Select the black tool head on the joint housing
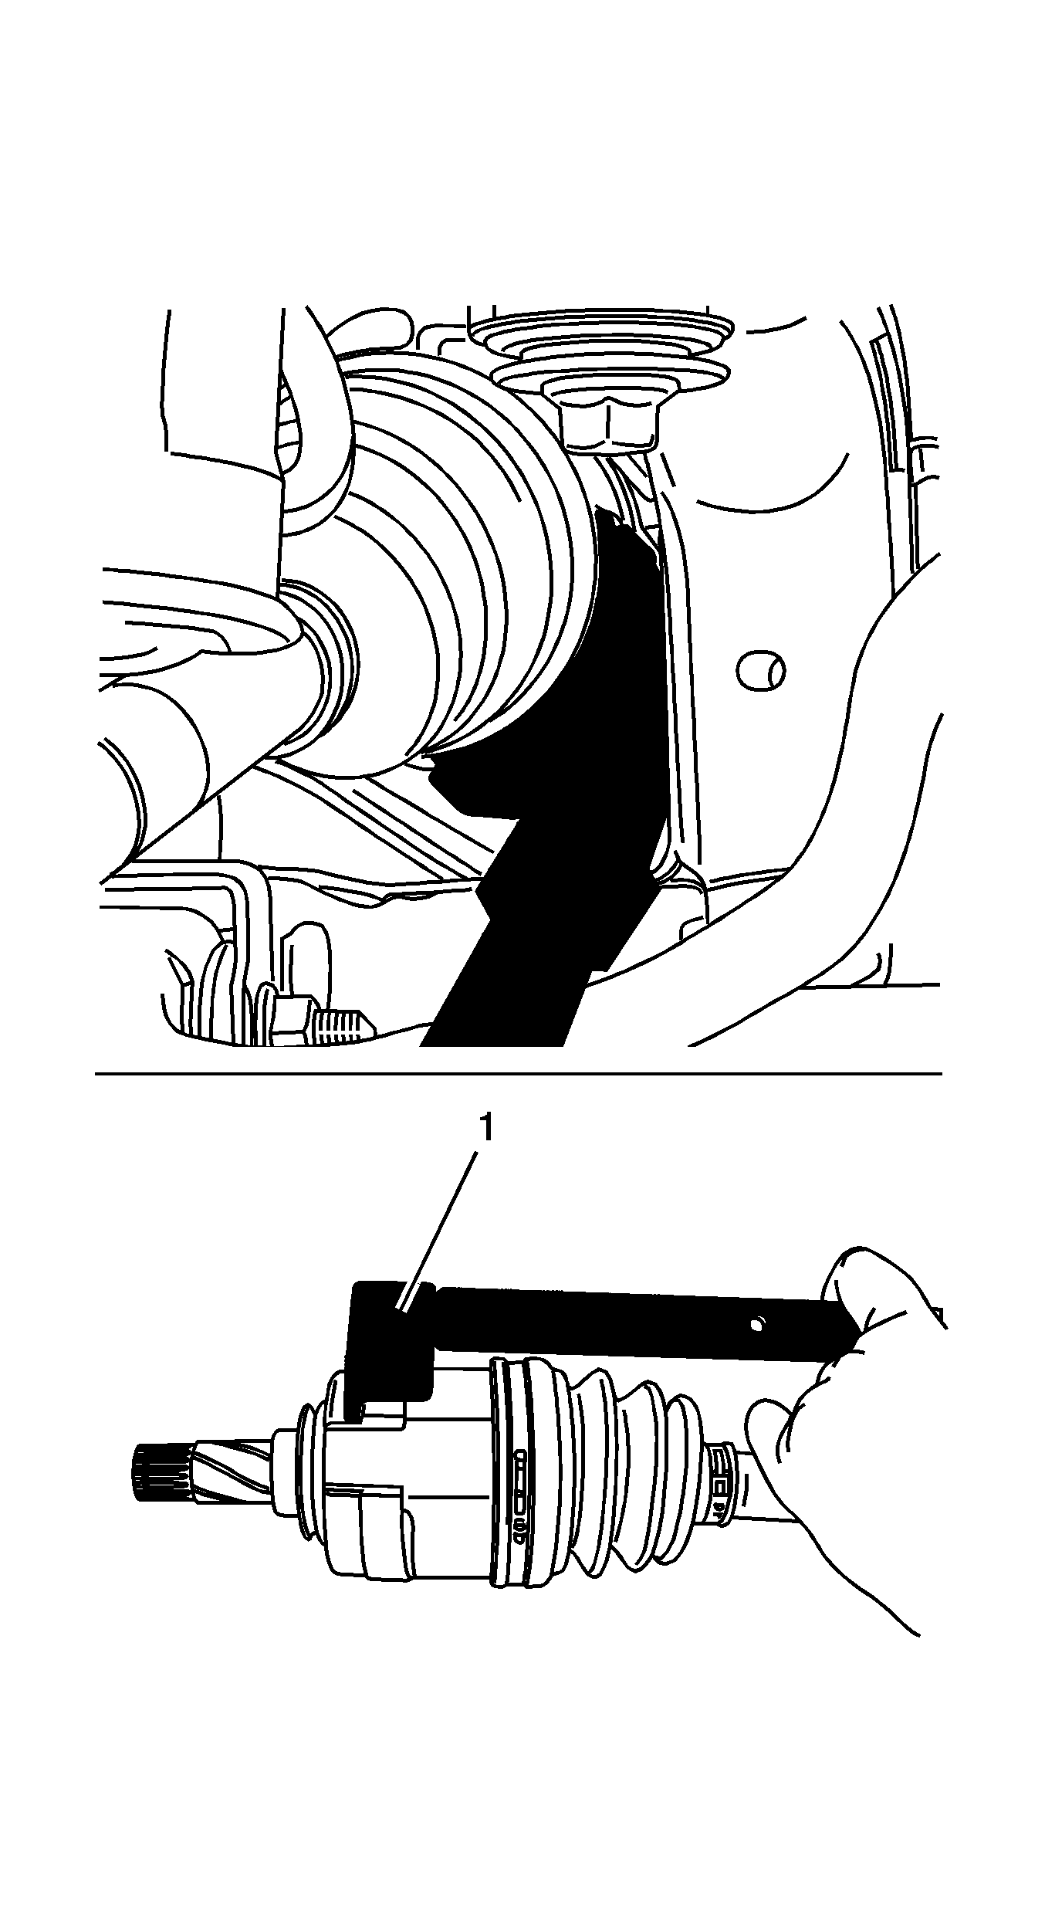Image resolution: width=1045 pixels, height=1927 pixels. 390,1343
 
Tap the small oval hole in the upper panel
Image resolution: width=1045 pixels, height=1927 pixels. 761,671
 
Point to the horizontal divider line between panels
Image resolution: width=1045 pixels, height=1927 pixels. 518,1074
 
